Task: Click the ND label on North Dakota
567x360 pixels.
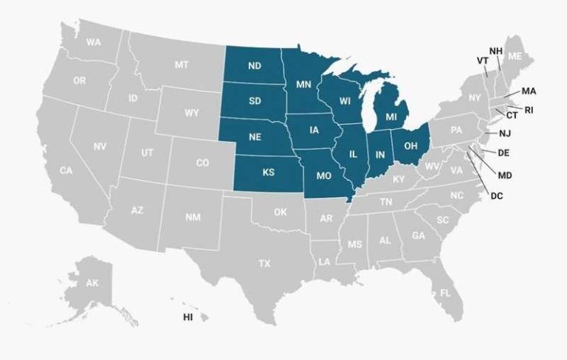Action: point(255,66)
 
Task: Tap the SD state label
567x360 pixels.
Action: point(255,101)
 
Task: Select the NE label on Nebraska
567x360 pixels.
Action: point(255,137)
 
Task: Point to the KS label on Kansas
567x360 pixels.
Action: point(268,173)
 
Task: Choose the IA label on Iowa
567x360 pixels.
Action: point(315,131)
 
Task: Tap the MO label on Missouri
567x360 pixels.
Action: point(323,177)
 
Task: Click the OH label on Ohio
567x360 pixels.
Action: point(412,144)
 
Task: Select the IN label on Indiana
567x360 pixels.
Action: point(380,154)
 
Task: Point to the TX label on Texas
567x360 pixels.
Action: point(264,263)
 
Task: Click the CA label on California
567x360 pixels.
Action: point(66,170)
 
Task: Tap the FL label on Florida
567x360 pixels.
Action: point(445,293)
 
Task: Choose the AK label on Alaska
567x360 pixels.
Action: point(92,283)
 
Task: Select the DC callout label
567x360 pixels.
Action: point(496,195)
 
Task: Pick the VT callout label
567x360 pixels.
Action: point(482,60)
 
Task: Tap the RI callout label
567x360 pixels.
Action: point(529,110)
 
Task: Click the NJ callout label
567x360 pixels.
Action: point(505,134)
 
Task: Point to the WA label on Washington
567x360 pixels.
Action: point(93,42)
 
